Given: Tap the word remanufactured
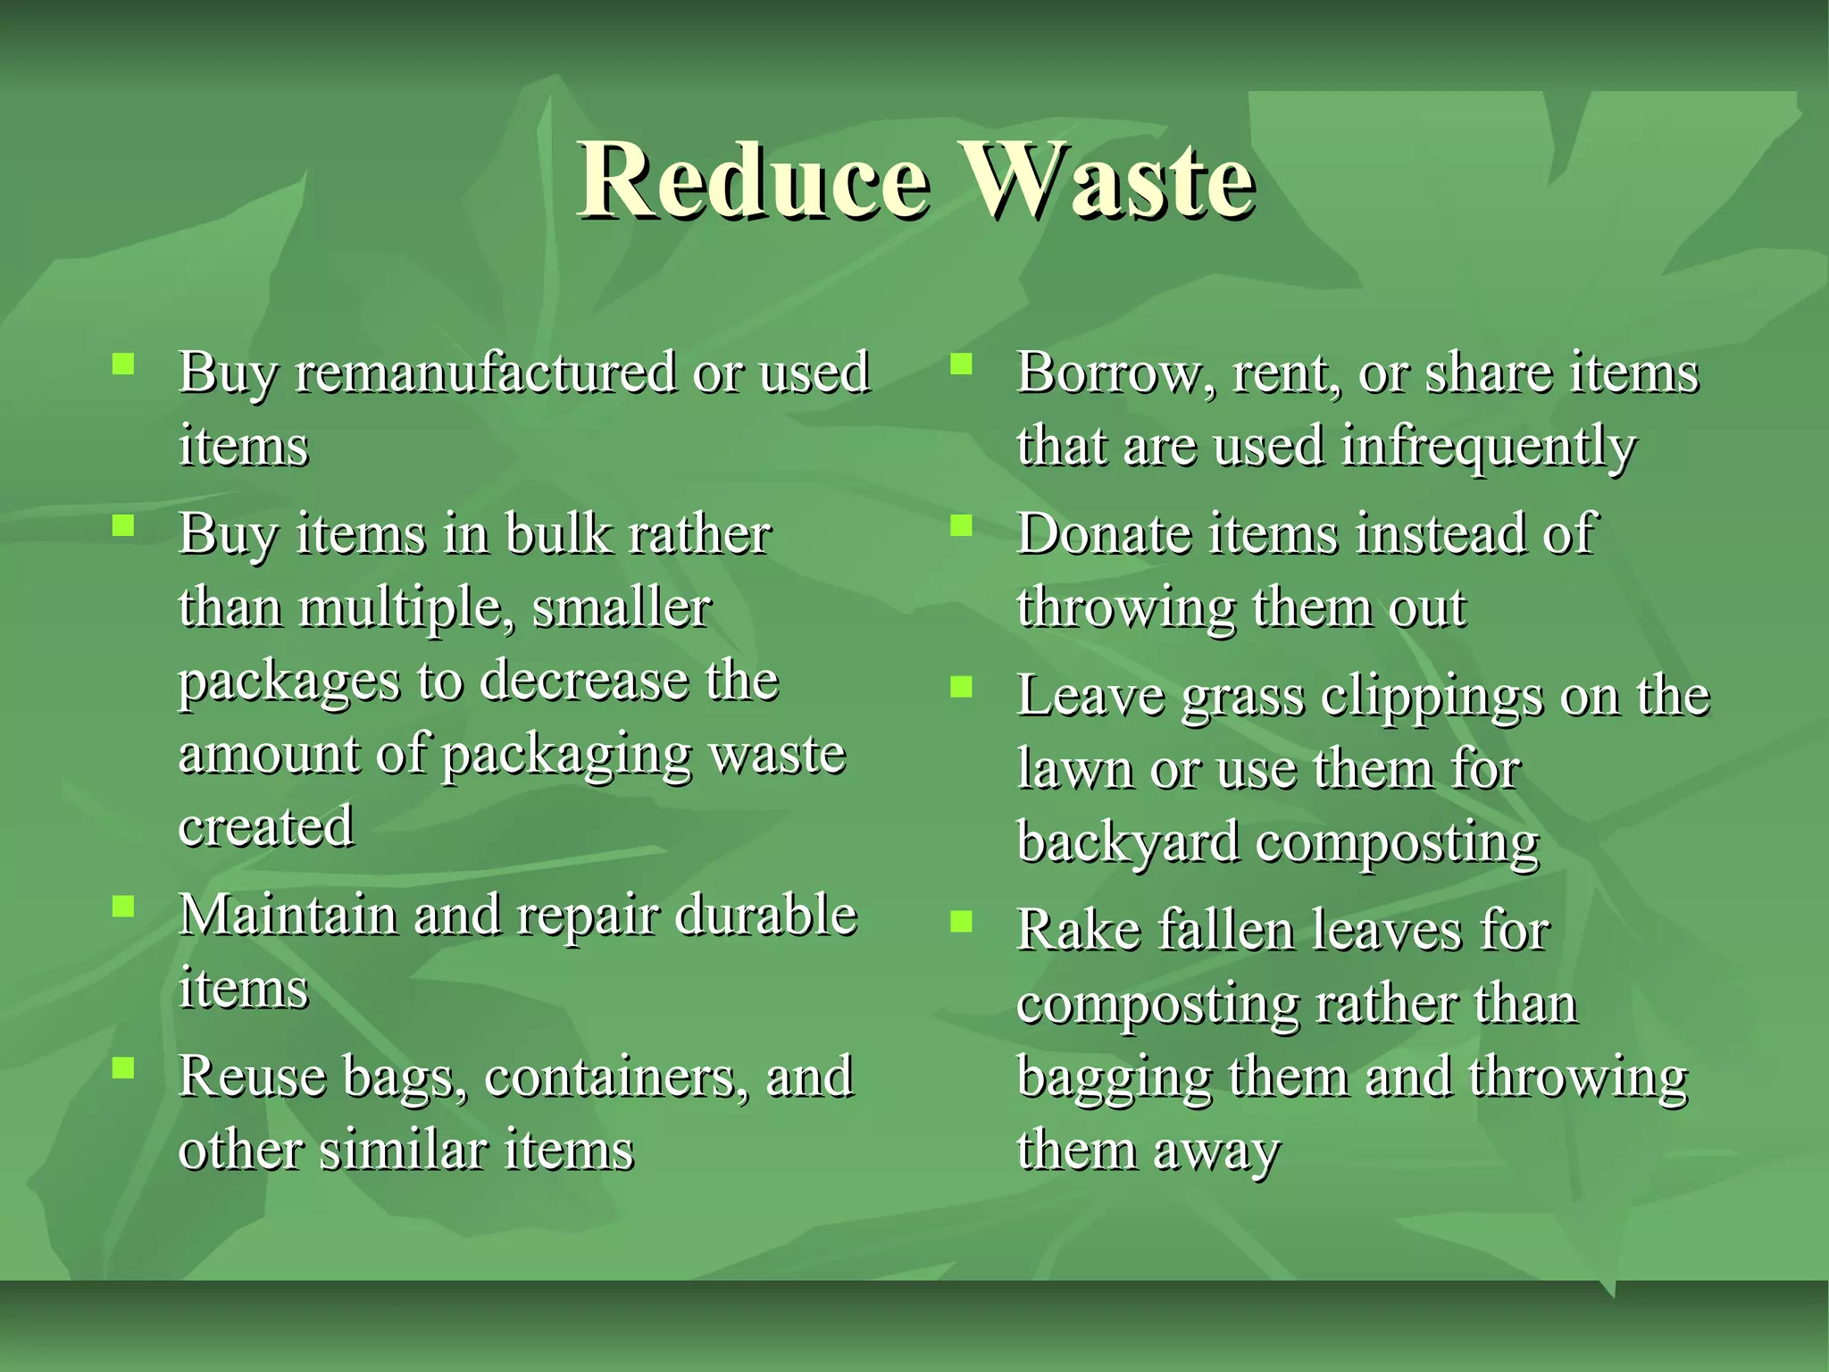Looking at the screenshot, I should click(485, 372).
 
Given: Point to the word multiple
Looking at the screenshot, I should click(405, 609).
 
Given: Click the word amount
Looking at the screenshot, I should click(268, 755).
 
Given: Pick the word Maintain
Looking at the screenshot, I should click(288, 916).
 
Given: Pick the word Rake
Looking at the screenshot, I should click(1078, 931).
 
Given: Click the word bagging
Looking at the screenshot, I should click(1114, 1078).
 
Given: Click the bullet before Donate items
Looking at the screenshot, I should click(961, 525).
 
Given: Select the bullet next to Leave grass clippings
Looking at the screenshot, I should click(961, 687).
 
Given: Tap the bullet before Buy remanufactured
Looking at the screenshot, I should click(123, 364).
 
